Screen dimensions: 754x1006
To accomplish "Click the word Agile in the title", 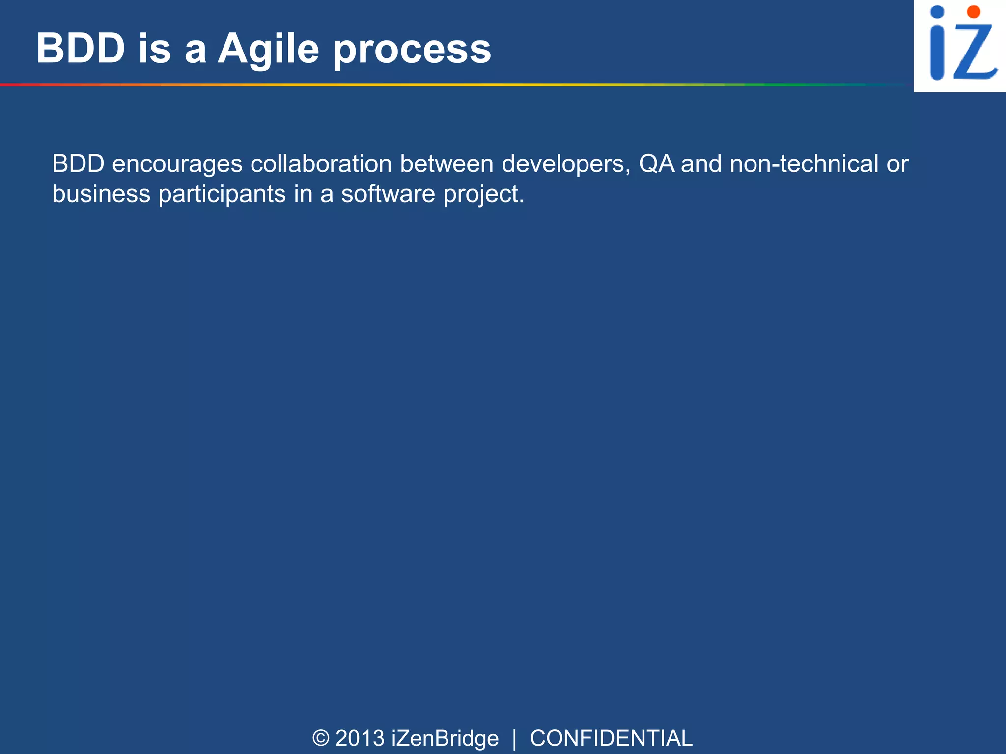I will [268, 49].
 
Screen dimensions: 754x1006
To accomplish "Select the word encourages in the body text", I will [177, 164].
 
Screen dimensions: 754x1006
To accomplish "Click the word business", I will [101, 193].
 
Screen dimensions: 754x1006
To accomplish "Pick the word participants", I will [222, 194].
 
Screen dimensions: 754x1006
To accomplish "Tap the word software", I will [388, 193].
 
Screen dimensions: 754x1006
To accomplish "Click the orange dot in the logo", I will [973, 12].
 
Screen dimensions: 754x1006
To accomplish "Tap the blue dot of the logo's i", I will [937, 12].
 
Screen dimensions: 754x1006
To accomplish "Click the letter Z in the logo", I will [975, 52].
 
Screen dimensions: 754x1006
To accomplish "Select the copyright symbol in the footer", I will [321, 738].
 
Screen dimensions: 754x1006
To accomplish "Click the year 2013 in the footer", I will [360, 738].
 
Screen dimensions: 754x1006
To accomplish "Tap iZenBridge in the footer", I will [445, 738].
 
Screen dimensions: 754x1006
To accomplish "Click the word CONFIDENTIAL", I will [611, 738].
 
